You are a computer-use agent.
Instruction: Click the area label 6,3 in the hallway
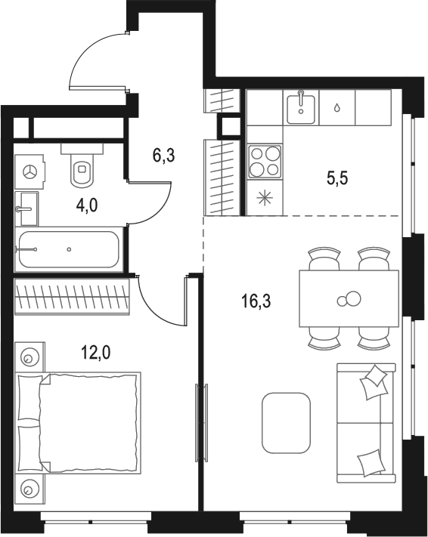click(164, 156)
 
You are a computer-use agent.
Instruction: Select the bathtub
click(68, 249)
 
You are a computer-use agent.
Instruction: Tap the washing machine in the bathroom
click(31, 172)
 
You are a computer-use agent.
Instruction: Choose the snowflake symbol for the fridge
click(265, 200)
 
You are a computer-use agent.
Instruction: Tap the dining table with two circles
click(348, 299)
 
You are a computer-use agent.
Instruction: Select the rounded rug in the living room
click(286, 422)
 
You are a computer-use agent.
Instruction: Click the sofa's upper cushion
click(374, 382)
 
